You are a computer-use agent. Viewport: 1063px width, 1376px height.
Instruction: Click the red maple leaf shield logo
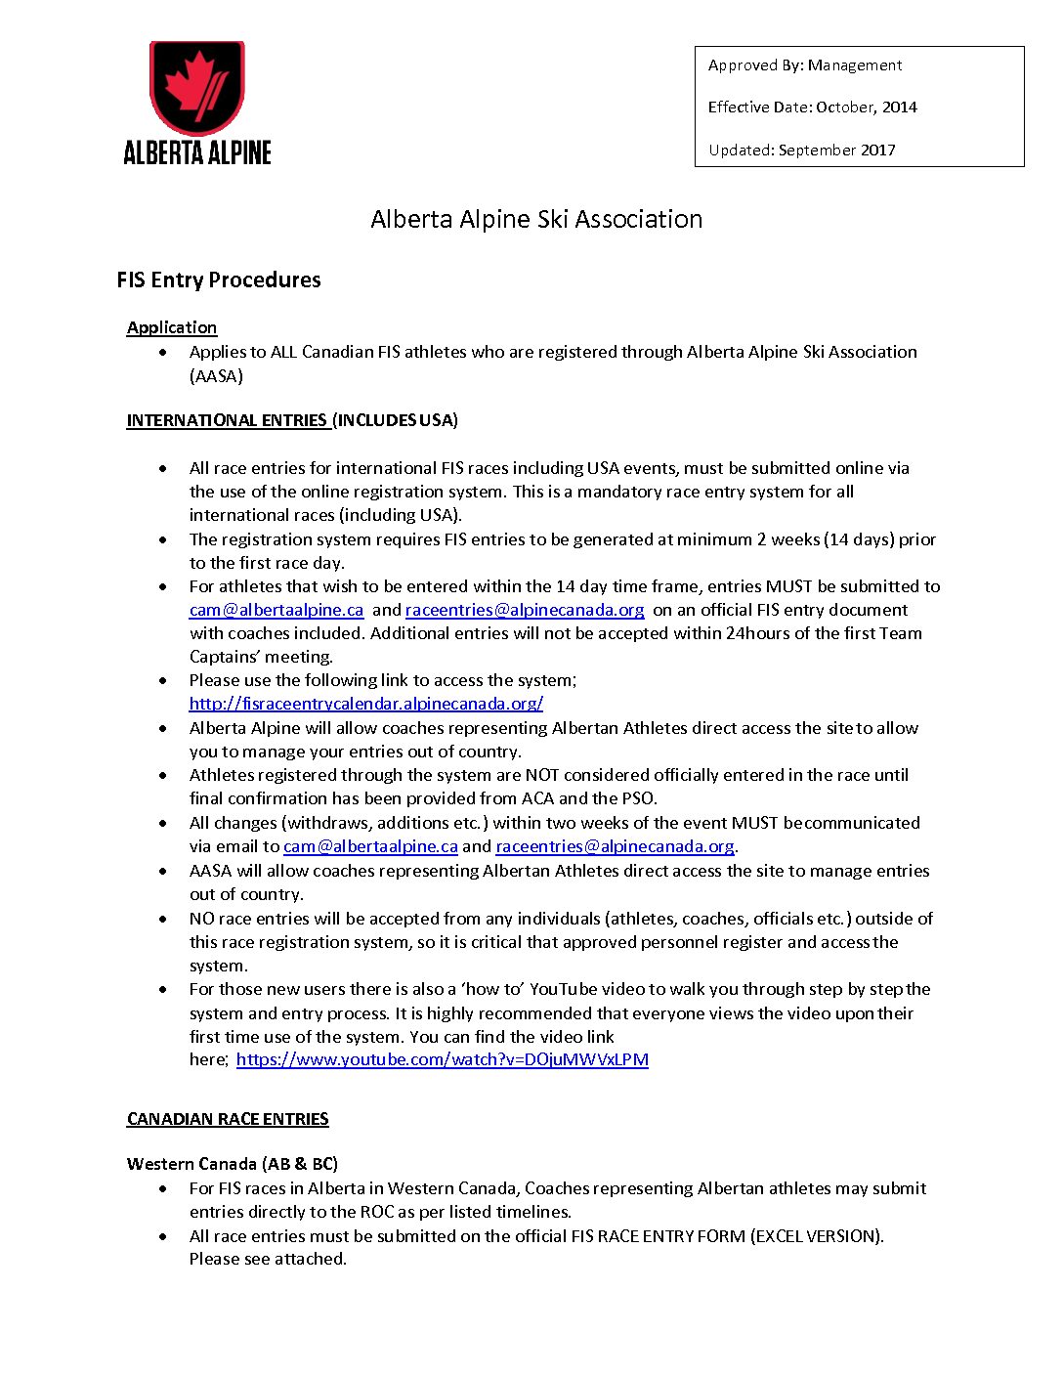(196, 87)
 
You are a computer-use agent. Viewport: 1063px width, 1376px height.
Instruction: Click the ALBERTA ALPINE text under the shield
(197, 152)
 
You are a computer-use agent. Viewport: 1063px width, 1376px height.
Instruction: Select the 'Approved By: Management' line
(804, 65)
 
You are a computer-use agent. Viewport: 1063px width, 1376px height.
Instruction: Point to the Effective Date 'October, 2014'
(866, 107)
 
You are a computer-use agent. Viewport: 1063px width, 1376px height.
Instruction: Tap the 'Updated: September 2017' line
(801, 150)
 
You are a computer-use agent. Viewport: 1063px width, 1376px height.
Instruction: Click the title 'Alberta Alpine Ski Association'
(536, 219)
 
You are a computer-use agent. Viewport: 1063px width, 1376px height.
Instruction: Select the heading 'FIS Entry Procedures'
(218, 280)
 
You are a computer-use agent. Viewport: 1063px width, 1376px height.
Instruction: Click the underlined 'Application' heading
(172, 327)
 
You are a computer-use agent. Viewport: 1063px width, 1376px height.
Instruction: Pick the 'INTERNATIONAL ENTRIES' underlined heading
(227, 420)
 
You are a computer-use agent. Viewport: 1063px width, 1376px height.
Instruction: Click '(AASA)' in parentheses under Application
(216, 376)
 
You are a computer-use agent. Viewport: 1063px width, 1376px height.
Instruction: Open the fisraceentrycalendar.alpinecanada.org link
(366, 704)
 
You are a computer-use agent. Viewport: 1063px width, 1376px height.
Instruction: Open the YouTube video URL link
(442, 1059)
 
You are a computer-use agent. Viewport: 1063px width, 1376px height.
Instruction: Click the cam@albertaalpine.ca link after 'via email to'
(370, 846)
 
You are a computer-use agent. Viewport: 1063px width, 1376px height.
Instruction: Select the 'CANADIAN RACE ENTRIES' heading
(228, 1119)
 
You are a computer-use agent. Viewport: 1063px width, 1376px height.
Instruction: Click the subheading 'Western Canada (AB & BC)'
(233, 1164)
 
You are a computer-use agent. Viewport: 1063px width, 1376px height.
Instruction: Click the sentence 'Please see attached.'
(268, 1259)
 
